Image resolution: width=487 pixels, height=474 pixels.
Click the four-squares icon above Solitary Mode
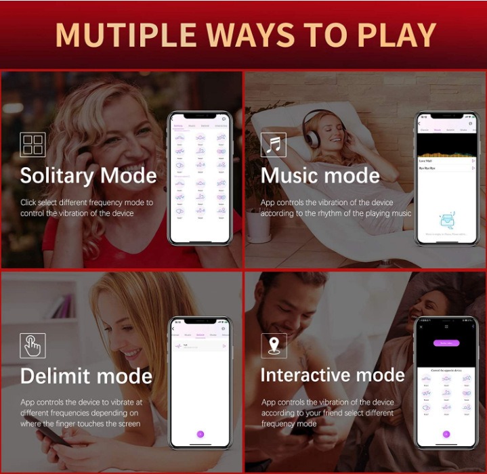click(x=33, y=145)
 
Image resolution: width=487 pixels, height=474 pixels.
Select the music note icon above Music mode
click(x=274, y=145)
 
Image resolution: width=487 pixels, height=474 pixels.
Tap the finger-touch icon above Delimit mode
click(x=33, y=345)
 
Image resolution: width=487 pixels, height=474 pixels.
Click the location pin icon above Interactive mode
click(x=274, y=345)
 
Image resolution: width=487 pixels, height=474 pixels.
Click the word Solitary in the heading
click(x=56, y=176)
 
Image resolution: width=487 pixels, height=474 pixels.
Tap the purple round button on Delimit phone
click(x=200, y=433)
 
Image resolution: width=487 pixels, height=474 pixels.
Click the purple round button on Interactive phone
click(x=446, y=434)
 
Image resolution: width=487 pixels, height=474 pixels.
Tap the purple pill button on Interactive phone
click(x=445, y=343)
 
